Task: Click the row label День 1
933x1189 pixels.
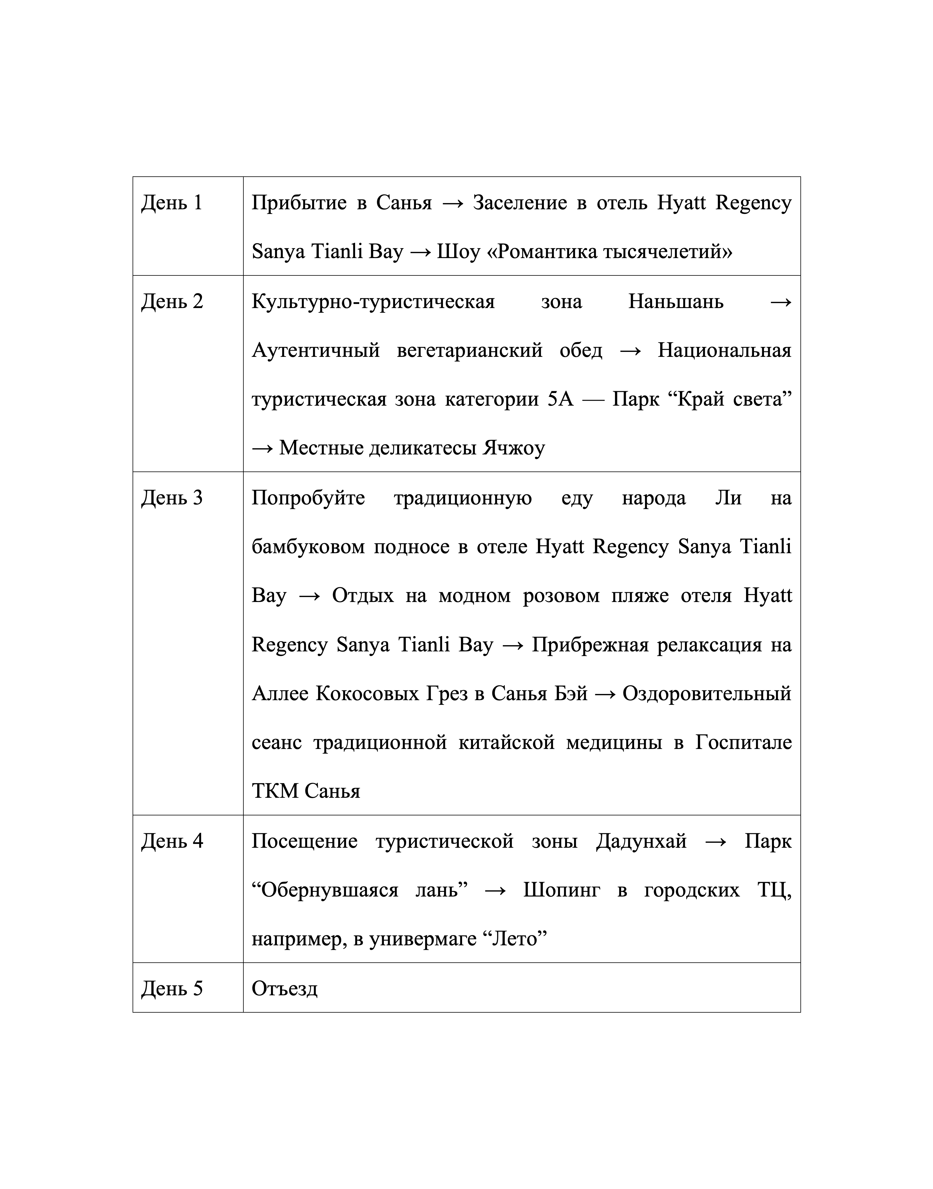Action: click(x=172, y=203)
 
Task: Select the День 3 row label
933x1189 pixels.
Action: click(x=172, y=498)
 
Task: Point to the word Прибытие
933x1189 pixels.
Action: click(x=299, y=203)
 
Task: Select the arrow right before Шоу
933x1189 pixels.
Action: click(x=419, y=252)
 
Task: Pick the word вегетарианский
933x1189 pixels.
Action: click(x=470, y=350)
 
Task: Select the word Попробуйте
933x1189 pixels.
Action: click(x=308, y=498)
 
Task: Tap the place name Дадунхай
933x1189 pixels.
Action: click(x=641, y=842)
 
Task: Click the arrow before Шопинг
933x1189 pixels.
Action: click(x=495, y=891)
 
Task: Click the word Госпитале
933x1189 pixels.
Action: click(x=743, y=743)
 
